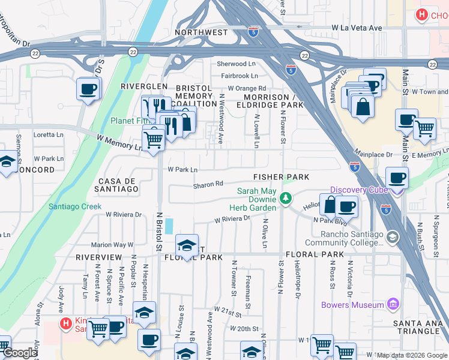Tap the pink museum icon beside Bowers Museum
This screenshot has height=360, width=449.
(393, 305)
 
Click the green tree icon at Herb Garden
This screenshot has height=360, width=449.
(286, 197)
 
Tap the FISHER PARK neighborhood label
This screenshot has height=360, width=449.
(281, 177)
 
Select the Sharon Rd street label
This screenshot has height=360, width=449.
(208, 185)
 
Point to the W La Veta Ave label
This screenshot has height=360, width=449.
(357, 28)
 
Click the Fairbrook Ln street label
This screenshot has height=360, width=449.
(239, 76)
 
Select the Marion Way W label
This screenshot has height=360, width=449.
(112, 245)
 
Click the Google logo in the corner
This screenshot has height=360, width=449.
(19, 353)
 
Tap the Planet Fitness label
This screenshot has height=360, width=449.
(127, 120)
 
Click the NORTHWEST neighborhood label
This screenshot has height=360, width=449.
(201, 32)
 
